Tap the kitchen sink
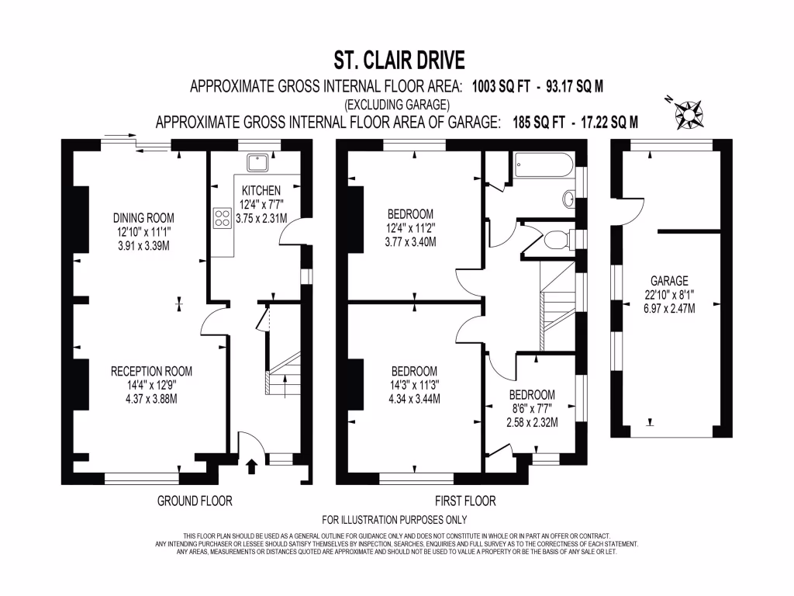point(257,162)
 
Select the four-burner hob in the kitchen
point(222,217)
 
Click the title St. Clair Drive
point(399,60)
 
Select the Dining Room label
point(144,217)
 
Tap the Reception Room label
point(151,371)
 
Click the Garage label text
point(670,280)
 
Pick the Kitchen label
point(261,191)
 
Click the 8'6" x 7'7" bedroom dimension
point(531,408)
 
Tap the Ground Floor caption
point(195,501)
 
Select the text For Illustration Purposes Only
point(394,519)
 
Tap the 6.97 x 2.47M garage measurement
point(670,308)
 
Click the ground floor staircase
point(284,372)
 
